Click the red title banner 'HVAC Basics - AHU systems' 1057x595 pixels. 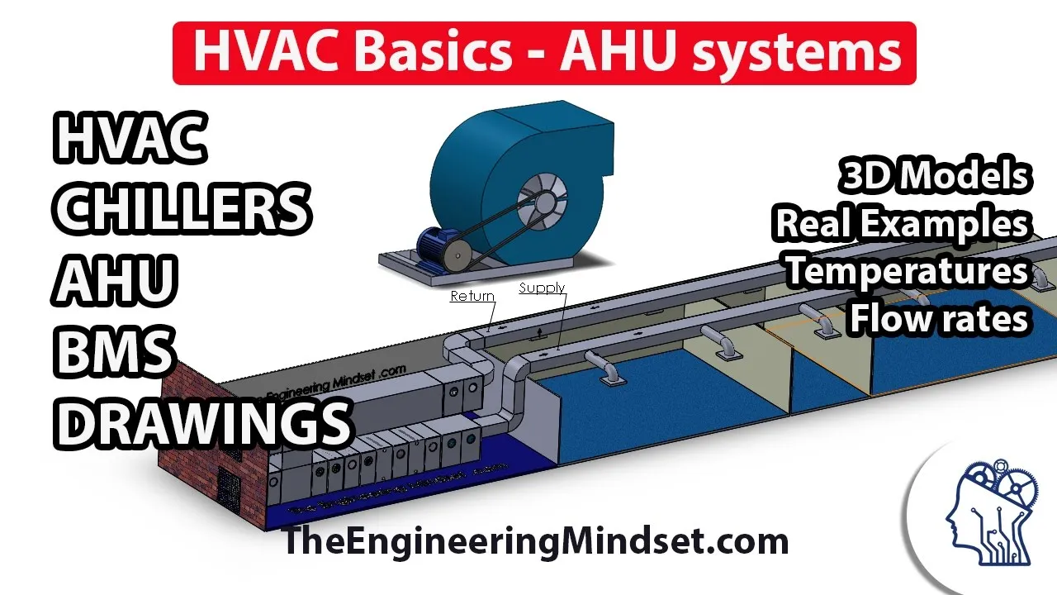pyautogui.click(x=544, y=52)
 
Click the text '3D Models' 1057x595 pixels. pyautogui.click(x=936, y=176)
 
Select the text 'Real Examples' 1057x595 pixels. pyautogui.click(x=902, y=223)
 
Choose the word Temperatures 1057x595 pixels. pyautogui.click(x=907, y=270)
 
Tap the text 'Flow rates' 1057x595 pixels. pyautogui.click(x=940, y=317)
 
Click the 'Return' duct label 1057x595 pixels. pyautogui.click(x=472, y=296)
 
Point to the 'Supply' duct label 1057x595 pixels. pyautogui.click(x=542, y=288)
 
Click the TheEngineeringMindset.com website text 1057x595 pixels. pyautogui.click(x=535, y=542)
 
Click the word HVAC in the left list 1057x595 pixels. pyautogui.click(x=130, y=138)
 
